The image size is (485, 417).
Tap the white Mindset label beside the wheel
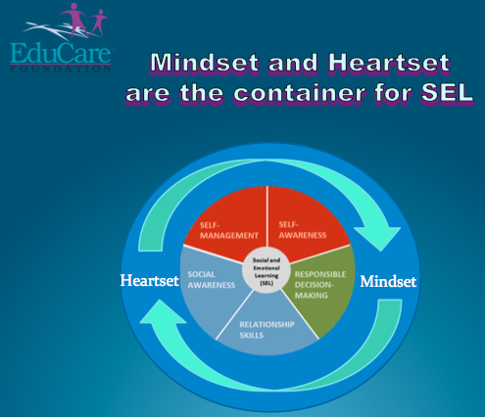(x=388, y=282)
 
